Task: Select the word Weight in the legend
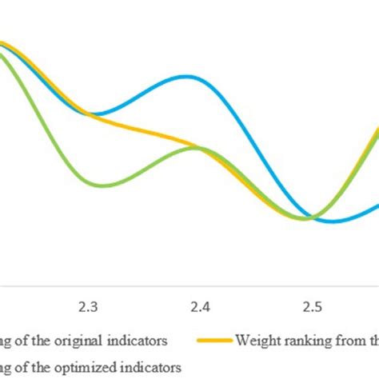click(258, 340)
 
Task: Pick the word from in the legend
click(346, 340)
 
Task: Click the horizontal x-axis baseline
click(189, 285)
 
